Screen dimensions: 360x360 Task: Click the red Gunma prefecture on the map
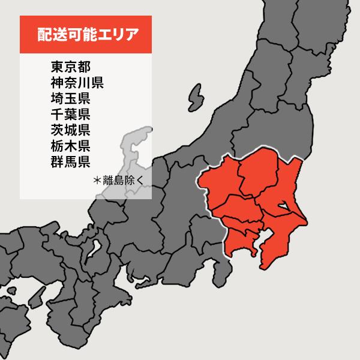(219, 180)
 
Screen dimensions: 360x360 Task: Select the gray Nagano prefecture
(174, 198)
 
